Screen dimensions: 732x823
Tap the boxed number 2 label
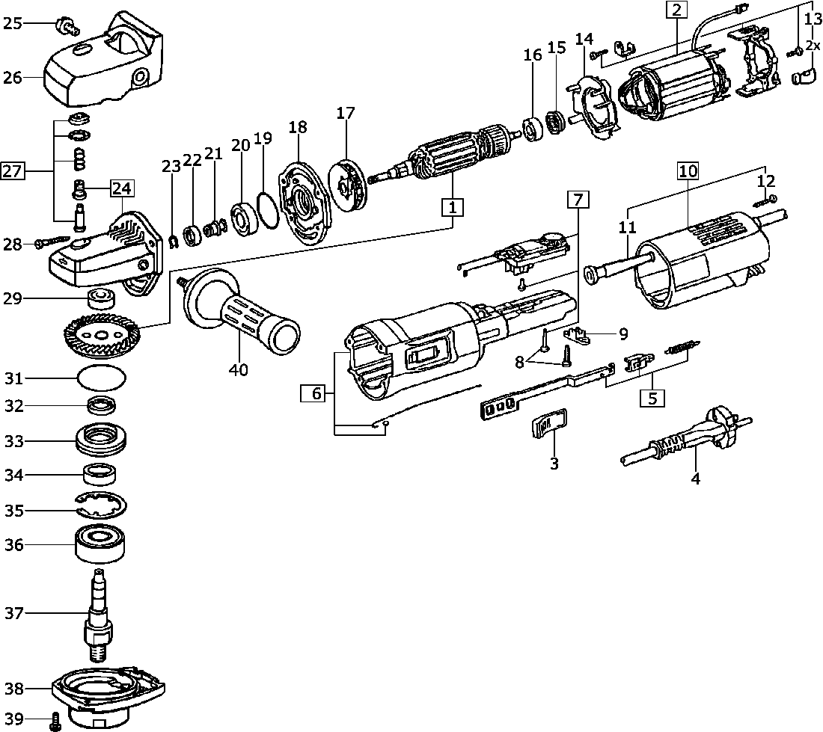coord(676,10)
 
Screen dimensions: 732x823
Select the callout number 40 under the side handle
coord(239,369)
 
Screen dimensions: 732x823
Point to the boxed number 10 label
coord(688,171)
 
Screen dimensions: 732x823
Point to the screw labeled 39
coord(55,723)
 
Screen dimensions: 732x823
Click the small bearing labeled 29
coord(100,299)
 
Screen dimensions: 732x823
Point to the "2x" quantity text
coord(813,45)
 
